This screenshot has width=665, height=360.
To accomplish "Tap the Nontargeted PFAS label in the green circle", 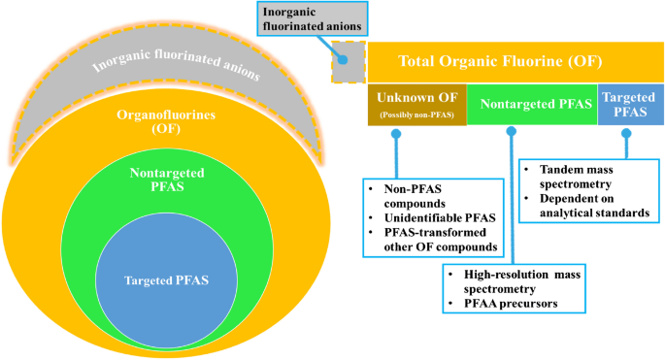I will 164,181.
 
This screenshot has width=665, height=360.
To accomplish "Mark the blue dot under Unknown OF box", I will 396,135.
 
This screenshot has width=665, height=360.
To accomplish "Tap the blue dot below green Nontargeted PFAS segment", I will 511,135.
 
